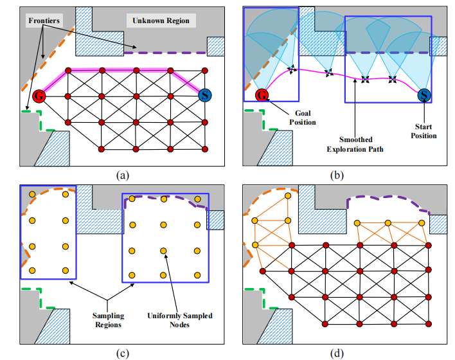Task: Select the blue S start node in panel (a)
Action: point(205,96)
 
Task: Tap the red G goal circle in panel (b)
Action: point(262,96)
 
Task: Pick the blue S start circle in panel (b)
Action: point(424,96)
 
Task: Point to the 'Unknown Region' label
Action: point(161,21)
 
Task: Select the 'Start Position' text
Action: point(424,130)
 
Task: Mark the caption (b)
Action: point(340,174)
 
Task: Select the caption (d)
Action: point(340,351)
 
